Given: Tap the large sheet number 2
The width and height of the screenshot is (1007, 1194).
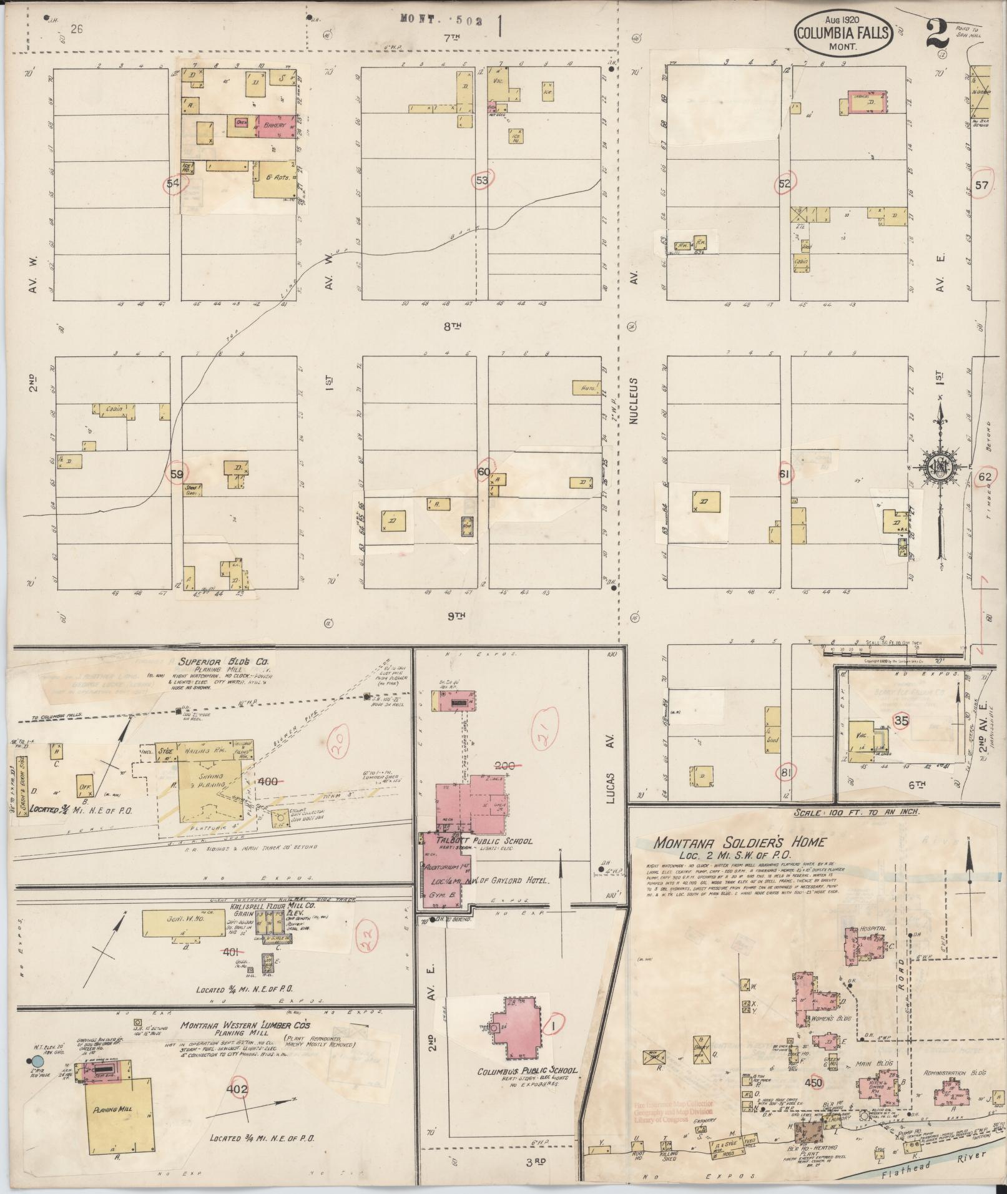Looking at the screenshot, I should (938, 34).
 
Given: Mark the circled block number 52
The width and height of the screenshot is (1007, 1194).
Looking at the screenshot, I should (784, 184).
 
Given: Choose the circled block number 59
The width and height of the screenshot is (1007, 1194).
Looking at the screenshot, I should (177, 474).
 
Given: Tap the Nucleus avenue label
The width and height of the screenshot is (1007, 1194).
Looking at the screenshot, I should (634, 401).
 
